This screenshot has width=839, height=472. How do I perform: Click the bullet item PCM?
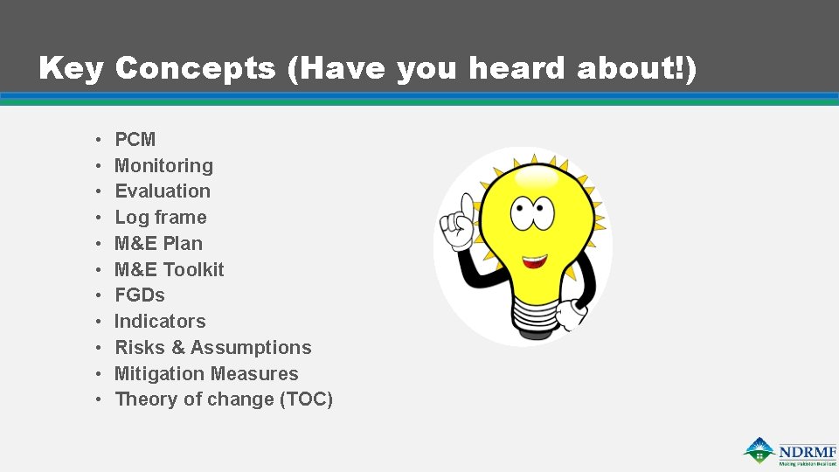click(135, 140)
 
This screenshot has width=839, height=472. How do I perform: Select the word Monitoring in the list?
click(163, 166)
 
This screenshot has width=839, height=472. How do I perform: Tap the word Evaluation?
click(163, 191)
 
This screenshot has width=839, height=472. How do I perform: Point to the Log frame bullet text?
click(161, 218)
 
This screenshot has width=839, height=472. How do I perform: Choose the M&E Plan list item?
click(158, 244)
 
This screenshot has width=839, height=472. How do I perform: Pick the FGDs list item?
click(140, 295)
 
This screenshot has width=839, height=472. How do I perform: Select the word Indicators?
click(160, 322)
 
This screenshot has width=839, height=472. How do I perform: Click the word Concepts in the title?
click(195, 68)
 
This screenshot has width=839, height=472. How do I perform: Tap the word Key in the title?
click(71, 68)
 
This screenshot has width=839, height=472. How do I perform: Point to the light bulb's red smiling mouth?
click(535, 260)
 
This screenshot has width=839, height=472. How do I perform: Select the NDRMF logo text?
click(807, 451)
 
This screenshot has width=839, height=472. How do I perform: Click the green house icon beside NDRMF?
click(759, 450)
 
